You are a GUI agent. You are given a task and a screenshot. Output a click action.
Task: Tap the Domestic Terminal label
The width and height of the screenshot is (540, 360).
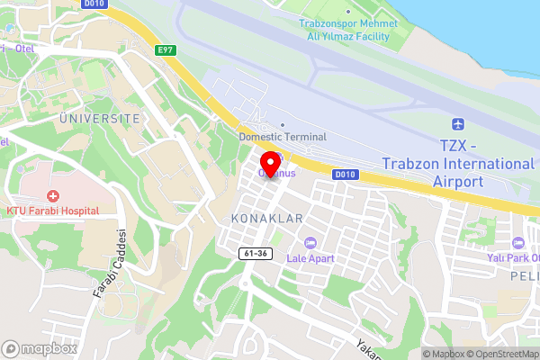click(x=283, y=137)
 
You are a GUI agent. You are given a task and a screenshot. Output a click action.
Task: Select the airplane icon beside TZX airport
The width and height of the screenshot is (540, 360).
click(x=458, y=123)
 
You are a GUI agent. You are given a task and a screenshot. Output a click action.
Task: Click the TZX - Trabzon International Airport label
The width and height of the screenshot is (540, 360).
click(x=458, y=163)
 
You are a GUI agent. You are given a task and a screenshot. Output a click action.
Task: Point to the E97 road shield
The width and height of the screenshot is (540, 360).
click(x=165, y=50)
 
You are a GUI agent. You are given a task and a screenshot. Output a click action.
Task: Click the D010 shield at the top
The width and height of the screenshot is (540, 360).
click(x=93, y=4)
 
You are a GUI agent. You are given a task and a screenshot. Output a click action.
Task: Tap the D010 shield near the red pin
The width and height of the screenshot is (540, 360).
click(x=345, y=174)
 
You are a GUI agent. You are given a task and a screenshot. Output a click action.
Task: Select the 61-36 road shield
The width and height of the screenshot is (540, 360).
click(x=256, y=254)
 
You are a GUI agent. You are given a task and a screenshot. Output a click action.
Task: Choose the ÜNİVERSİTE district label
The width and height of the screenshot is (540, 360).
click(x=99, y=118)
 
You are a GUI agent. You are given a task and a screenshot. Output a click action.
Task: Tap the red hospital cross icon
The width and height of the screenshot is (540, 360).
click(x=52, y=195)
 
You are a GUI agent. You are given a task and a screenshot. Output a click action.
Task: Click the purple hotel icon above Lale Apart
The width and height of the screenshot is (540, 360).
click(x=310, y=243)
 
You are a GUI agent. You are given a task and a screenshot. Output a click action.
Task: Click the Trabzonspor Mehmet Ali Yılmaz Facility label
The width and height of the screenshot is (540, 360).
click(x=346, y=29)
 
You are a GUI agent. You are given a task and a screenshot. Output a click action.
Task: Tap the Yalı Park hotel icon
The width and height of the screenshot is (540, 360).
click(x=517, y=244)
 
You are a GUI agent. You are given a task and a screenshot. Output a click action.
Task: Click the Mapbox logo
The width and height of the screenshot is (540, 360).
click(x=39, y=348)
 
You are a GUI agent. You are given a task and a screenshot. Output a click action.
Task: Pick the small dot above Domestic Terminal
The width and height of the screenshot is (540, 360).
click(x=283, y=125)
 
